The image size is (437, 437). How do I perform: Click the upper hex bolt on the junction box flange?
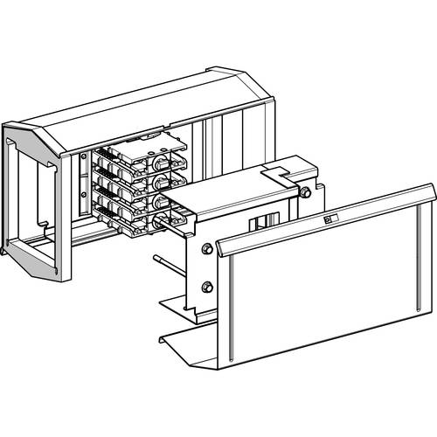click(x=207, y=250)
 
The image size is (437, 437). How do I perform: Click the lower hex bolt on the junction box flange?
click(x=207, y=288)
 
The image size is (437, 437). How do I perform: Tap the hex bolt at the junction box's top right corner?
click(x=305, y=191)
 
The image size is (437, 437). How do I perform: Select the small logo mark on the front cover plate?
click(x=329, y=221)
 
